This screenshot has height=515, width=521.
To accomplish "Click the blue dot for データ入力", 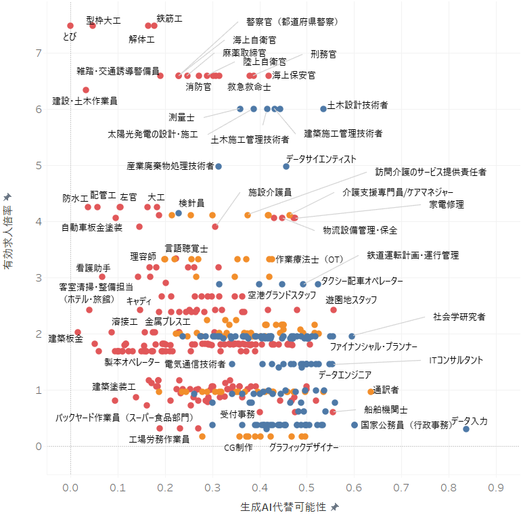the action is pos(466,429).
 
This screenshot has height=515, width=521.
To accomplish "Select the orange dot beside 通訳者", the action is pos(371,392).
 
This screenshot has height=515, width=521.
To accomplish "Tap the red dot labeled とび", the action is pos(70,26).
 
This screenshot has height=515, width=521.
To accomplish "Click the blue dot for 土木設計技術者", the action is pos(323,109).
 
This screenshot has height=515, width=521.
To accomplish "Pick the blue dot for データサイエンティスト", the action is pos(286,166).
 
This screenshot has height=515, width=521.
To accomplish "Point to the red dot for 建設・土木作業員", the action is pos(86,90).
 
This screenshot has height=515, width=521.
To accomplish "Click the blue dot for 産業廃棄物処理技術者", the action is pos(219,166).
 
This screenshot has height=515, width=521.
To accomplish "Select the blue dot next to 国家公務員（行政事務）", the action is pos(355,425).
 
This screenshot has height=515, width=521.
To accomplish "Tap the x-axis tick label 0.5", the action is pos(307,488).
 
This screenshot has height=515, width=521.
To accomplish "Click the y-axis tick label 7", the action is pos(39,53).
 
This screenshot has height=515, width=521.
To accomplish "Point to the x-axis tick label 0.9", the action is pos(496,488).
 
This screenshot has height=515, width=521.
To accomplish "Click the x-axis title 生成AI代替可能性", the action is pos(283,507).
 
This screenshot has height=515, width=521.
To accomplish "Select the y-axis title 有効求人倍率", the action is pos(7,238).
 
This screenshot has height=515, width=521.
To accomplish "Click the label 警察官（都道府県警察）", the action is pos(292,22).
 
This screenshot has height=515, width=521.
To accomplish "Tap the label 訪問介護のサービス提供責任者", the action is pos(430,172).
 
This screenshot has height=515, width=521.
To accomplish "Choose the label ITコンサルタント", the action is pos(456,360).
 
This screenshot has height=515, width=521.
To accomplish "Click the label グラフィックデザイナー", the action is pos(304,447).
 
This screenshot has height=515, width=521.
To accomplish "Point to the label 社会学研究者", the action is pos(459,317).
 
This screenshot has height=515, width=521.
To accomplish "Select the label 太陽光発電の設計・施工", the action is pos(153,134).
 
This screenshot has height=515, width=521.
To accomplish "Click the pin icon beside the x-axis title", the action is pos(335,507).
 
